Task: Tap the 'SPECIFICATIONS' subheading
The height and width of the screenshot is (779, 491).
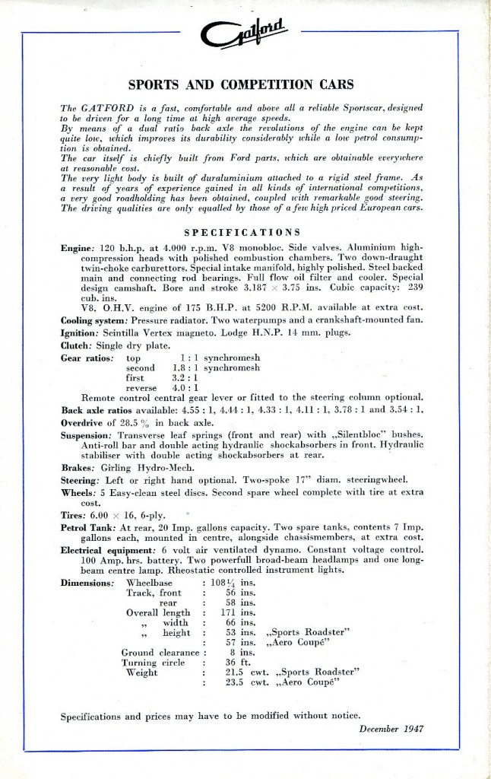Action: point(242,231)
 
